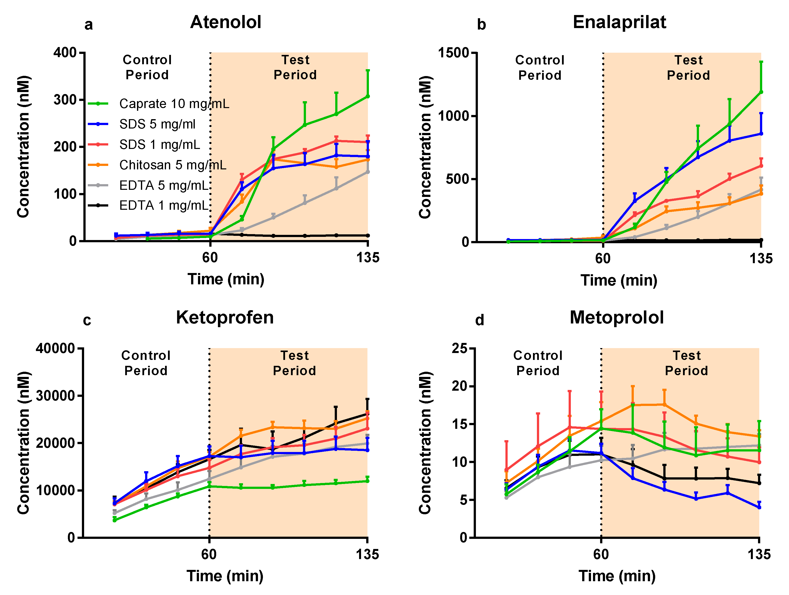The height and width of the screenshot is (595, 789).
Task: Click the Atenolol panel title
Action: (226, 22)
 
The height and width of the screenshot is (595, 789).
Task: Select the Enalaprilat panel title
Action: (619, 22)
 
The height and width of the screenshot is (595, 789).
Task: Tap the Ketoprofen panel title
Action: (225, 317)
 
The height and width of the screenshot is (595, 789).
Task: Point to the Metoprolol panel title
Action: (617, 317)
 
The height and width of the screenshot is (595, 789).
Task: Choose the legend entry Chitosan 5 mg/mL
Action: (173, 165)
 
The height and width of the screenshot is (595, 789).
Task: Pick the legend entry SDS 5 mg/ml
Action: (157, 124)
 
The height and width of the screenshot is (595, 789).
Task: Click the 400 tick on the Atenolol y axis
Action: (65, 53)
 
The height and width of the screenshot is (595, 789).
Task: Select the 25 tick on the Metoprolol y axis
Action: (459, 348)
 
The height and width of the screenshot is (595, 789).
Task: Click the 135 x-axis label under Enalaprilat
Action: (761, 258)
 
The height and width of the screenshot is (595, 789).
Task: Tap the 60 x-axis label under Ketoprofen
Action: (209, 554)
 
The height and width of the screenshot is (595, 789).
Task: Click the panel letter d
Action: (480, 320)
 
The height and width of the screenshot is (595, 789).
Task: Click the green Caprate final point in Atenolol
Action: (368, 96)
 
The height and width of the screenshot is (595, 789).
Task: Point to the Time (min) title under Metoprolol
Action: (617, 576)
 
